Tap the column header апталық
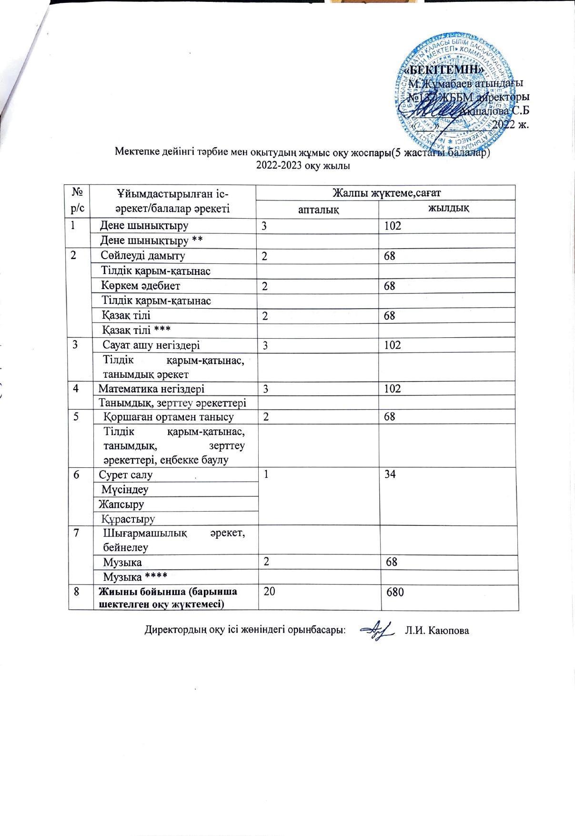coord(318,209)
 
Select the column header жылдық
coord(449,208)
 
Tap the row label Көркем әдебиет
coord(141,286)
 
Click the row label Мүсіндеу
coord(125,489)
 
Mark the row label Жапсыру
coord(121,504)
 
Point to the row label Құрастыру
coord(128,518)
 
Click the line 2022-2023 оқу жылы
coord(303,166)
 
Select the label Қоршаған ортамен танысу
coord(169,417)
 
